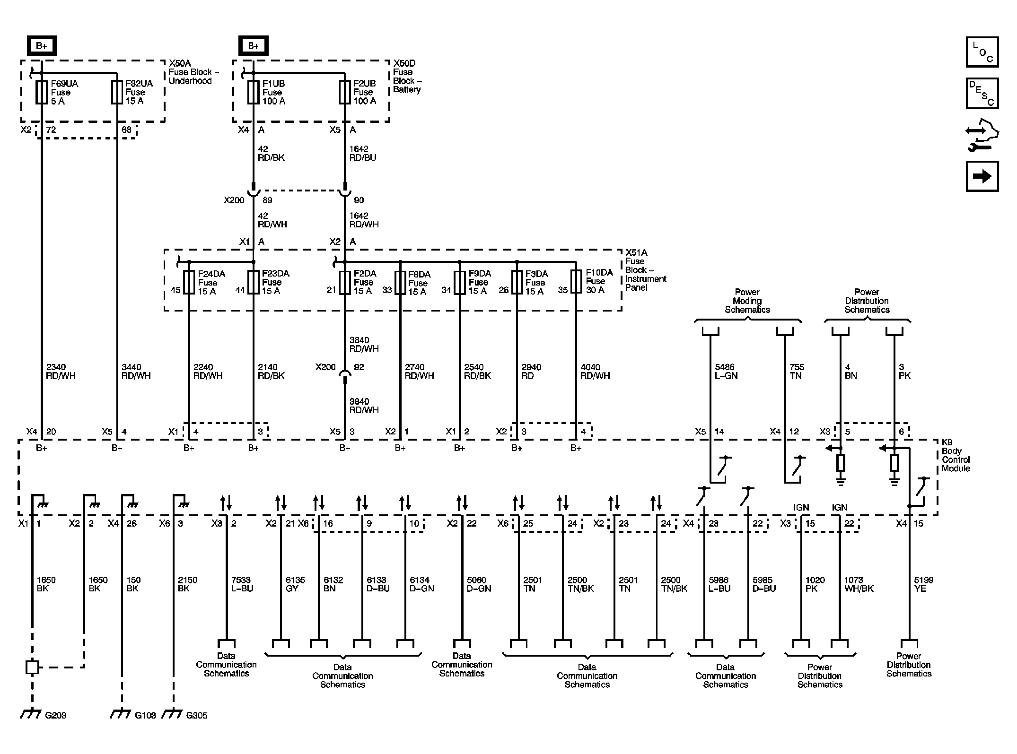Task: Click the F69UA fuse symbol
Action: click(42, 92)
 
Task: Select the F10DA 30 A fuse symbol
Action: click(576, 282)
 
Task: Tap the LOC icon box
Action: click(982, 52)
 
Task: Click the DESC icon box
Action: click(982, 93)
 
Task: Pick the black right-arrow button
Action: click(982, 176)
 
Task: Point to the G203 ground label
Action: click(56, 715)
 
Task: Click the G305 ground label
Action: click(196, 715)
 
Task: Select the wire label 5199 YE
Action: click(923, 584)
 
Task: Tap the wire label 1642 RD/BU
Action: click(362, 153)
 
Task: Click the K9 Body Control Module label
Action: click(955, 455)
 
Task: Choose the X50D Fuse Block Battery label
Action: click(406, 76)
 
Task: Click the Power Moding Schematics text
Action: click(747, 301)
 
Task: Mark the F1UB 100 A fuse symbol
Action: click(253, 92)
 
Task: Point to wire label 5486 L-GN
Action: click(726, 372)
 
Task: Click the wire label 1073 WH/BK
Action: click(859, 584)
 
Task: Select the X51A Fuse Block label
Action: click(645, 270)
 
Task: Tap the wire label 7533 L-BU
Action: click(242, 584)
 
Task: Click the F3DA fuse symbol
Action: click(517, 283)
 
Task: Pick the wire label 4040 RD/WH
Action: click(595, 372)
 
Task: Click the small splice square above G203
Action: click(32, 667)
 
